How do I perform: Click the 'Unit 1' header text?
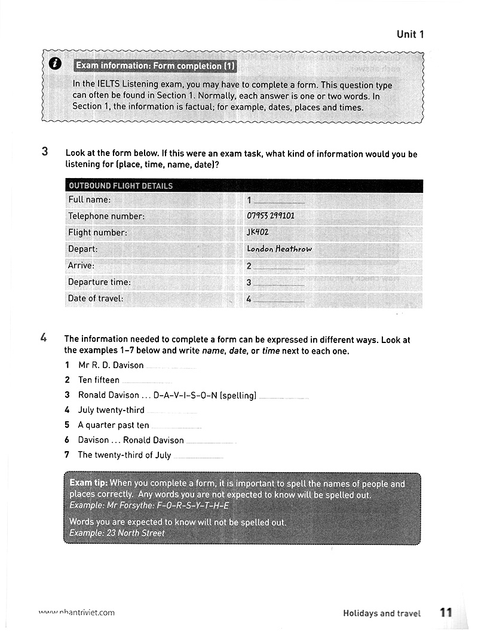click(x=410, y=35)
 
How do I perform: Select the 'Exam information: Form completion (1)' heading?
click(x=155, y=66)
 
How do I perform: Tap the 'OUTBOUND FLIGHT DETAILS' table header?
click(x=121, y=186)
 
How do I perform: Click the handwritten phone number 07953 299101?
click(x=270, y=216)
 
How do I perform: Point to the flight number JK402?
click(x=258, y=232)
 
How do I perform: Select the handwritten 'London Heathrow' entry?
click(x=279, y=249)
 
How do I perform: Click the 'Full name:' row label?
click(x=90, y=200)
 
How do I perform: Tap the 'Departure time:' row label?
click(x=99, y=282)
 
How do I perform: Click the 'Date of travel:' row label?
click(x=96, y=298)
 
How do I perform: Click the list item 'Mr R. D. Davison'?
click(x=111, y=365)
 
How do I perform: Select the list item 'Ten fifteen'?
click(x=99, y=380)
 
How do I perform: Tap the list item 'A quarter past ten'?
click(x=114, y=425)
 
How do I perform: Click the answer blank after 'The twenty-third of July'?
click(x=198, y=457)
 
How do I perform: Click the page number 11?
click(x=446, y=612)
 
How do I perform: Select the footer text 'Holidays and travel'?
click(x=382, y=613)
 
